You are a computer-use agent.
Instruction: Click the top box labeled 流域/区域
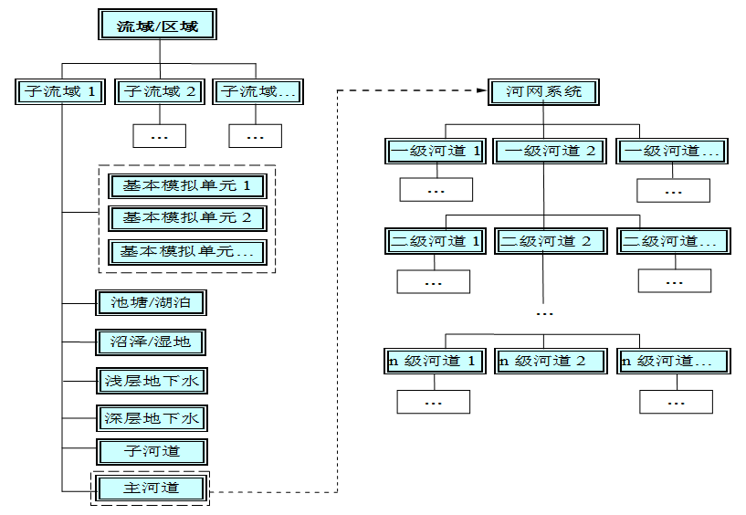point(159,26)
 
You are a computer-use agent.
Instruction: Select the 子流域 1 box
point(61,91)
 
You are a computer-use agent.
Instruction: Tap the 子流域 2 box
point(160,91)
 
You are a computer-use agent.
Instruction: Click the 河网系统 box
point(543,91)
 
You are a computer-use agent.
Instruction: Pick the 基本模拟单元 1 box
point(186,186)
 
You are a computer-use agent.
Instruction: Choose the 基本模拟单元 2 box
point(186,218)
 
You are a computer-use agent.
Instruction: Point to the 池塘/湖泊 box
point(151,301)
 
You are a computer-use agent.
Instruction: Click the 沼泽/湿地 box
point(151,342)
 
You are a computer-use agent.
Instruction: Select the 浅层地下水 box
point(151,380)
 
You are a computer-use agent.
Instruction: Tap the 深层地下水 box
point(151,418)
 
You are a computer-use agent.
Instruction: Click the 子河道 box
point(151,451)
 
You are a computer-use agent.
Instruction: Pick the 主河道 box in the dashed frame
point(151,488)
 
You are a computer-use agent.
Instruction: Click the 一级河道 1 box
point(436,151)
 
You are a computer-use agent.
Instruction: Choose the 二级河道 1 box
point(436,241)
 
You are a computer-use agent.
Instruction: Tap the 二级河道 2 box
point(550,241)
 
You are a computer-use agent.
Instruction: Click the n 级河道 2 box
point(550,361)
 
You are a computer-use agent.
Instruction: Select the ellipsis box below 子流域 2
point(160,136)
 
